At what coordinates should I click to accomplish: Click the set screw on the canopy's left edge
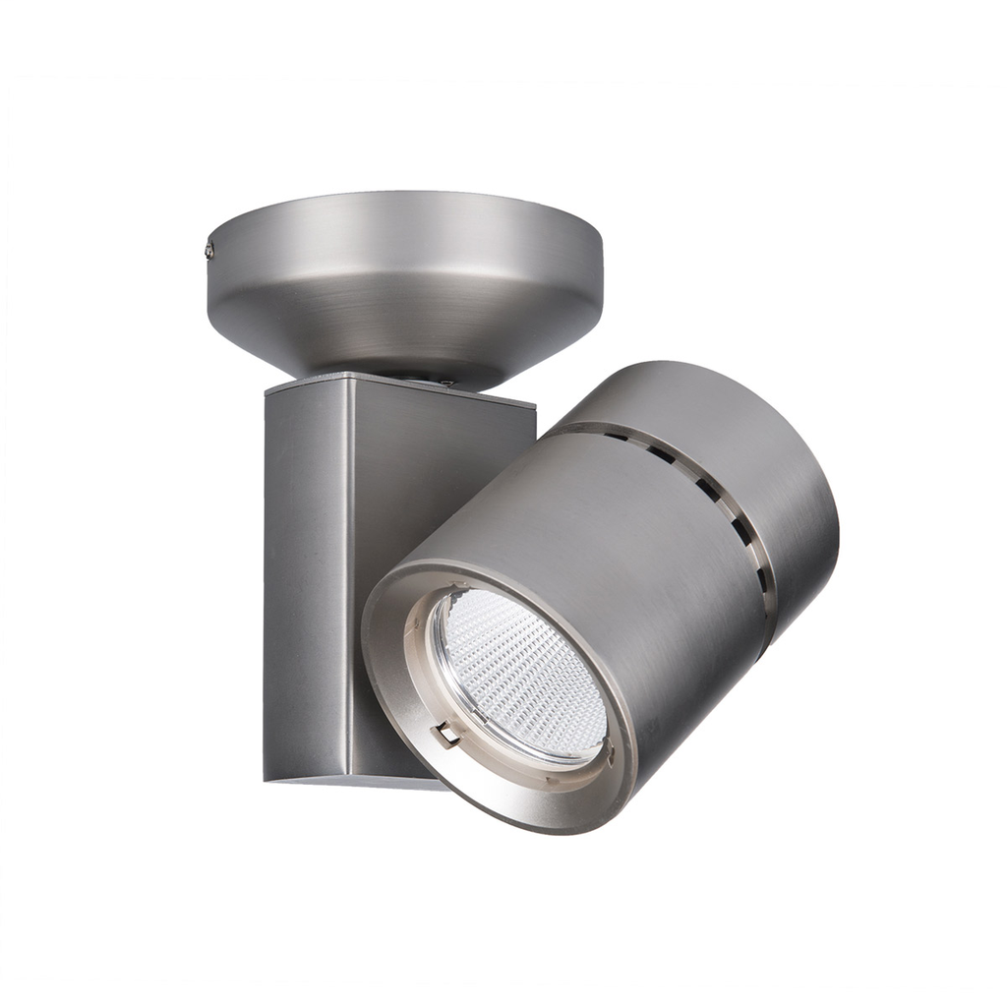[210, 252]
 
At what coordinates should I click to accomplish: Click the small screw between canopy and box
[444, 383]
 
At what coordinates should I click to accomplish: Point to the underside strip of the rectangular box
[364, 781]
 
